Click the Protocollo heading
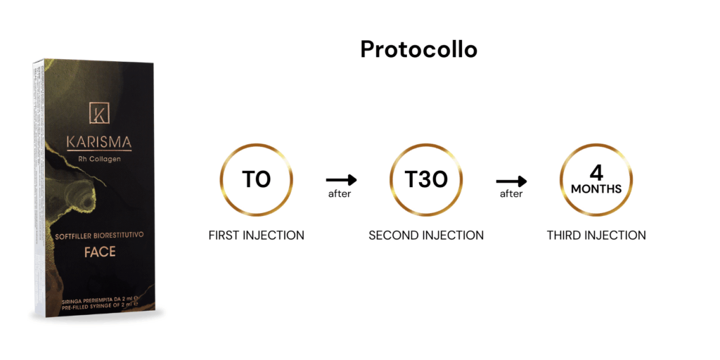(418, 50)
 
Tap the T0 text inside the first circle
(256, 179)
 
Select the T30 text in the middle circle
(426, 179)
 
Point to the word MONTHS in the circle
(596, 188)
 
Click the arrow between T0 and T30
(341, 179)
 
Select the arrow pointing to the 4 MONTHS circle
(511, 181)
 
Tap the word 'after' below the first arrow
(340, 194)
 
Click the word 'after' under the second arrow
(511, 194)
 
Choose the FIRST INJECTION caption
(256, 236)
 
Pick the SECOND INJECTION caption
(426, 236)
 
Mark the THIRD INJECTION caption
(596, 236)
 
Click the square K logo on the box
(99, 112)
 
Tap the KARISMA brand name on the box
(99, 142)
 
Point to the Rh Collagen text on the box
(99, 159)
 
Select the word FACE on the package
(100, 252)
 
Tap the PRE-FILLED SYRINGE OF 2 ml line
(100, 304)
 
